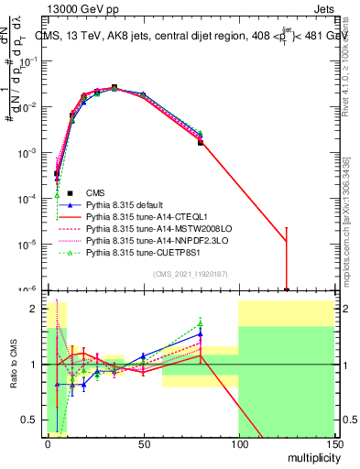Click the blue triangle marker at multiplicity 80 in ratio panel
click(200, 334)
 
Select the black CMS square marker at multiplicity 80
click(200, 143)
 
